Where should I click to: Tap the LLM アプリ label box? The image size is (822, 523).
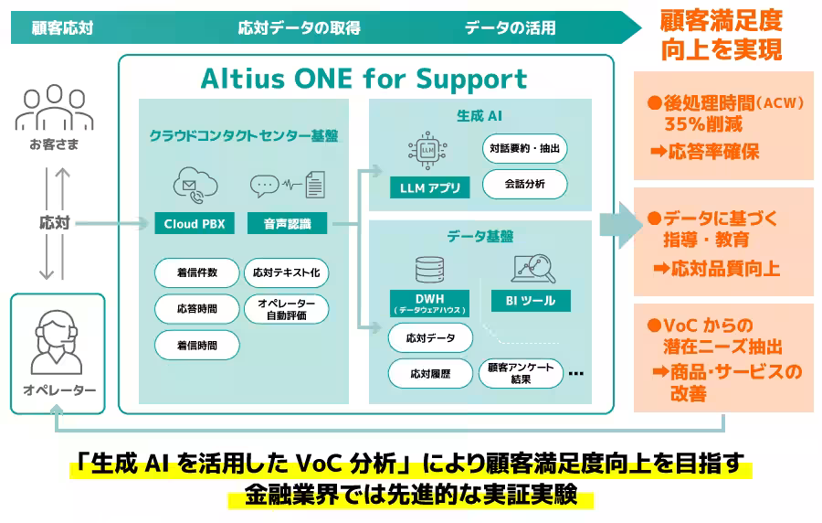pyautogui.click(x=429, y=188)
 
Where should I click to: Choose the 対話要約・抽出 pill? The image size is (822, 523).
pyautogui.click(x=524, y=148)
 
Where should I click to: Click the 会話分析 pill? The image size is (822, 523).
pyautogui.click(x=524, y=184)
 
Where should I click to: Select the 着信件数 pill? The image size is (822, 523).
pyautogui.click(x=197, y=272)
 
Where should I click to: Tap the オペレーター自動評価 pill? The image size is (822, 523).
pyautogui.click(x=287, y=309)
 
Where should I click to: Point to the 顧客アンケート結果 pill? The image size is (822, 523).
pyautogui.click(x=522, y=373)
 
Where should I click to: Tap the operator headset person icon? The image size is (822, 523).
pyautogui.click(x=58, y=339)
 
